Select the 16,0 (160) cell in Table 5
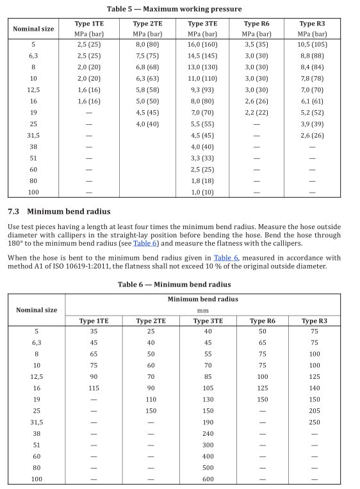pyautogui.click(x=202, y=45)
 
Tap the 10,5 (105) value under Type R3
pyautogui.click(x=312, y=45)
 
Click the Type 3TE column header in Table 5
pyautogui.click(x=202, y=24)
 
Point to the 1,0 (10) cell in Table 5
pyautogui.click(x=202, y=192)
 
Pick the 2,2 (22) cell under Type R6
pyautogui.click(x=257, y=112)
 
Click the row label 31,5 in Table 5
pyautogui.click(x=33, y=136)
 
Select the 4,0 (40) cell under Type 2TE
pyautogui.click(x=147, y=124)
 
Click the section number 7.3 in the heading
pyautogui.click(x=13, y=212)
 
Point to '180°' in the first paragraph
pyautogui.click(x=17, y=244)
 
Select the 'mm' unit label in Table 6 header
pyautogui.click(x=203, y=309)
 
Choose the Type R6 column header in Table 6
pyautogui.click(x=263, y=321)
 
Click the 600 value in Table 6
pyautogui.click(x=208, y=478)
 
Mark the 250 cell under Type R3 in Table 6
pyautogui.click(x=315, y=422)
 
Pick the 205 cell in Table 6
pyautogui.click(x=315, y=410)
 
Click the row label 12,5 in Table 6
pyautogui.click(x=37, y=377)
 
